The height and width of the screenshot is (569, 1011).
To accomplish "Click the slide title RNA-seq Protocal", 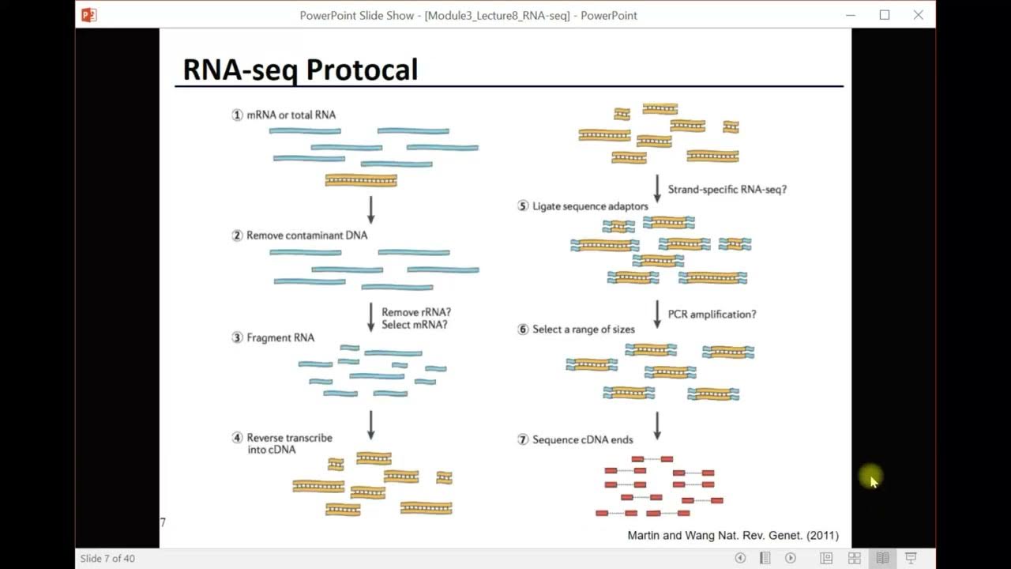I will coord(300,70).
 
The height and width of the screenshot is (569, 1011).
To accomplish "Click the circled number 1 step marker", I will coord(237,115).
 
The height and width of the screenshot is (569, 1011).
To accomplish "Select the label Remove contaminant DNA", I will coord(306,236).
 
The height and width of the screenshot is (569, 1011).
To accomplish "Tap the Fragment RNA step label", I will coord(280,337).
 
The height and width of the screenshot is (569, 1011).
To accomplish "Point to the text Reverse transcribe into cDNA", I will coord(289,443).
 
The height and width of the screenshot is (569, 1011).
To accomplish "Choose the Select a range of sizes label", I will coord(583,330).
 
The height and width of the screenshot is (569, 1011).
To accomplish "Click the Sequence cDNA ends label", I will coord(582,439).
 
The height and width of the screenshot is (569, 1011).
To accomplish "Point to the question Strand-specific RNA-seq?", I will coord(727,190).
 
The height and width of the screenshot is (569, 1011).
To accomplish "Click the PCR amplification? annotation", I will coord(712,315).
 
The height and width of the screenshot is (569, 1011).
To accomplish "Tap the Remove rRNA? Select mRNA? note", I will coord(416,318).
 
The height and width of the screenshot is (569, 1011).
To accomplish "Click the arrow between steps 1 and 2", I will coord(370,209).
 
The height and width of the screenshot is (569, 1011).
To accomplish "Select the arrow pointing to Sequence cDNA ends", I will coord(657,425).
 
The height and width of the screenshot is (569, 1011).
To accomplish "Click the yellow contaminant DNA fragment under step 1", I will coord(361,181).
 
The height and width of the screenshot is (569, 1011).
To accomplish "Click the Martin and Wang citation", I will coord(732,535).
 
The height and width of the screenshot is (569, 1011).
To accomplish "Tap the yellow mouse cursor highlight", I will coord(871,477).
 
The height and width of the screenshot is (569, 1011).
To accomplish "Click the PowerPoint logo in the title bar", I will coord(89,15).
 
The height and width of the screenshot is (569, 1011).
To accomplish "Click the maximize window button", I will coord(885,15).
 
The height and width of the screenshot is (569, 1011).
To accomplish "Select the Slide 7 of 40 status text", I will coord(107,559).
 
